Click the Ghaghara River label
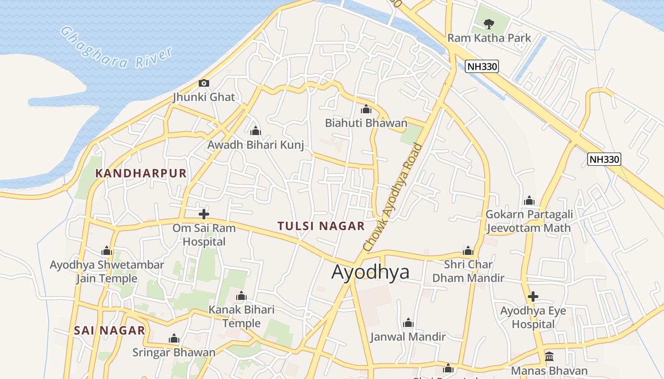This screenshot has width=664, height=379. point(117,48)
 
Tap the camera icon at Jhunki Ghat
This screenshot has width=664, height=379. point(204,83)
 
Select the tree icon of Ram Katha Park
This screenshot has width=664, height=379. point(489,23)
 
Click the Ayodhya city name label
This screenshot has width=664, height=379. point(370,272)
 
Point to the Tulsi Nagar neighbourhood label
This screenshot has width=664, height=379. point(321,226)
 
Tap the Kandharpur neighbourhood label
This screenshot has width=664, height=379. point(141,173)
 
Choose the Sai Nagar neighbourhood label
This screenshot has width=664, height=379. point(110,330)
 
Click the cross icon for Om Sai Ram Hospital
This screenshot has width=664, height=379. point(204,214)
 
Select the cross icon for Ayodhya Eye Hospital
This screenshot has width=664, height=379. point(533,297)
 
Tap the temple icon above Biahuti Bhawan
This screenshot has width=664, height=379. point(366,109)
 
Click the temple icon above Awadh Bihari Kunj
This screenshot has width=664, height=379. point(256,131)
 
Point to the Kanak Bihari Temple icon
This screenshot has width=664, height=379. point(241,296)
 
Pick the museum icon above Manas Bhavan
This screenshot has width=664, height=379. point(549,356)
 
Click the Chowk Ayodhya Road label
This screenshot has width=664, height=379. point(392,197)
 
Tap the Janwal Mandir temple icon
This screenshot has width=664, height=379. point(408,323)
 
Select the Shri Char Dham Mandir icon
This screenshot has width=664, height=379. point(468,251)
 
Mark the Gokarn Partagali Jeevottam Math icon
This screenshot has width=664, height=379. point(529,201)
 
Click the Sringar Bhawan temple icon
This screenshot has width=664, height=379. point(174,339)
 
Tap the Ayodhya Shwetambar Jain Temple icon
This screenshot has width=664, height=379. point(107,251)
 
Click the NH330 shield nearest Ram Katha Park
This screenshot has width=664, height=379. point(482,66)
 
